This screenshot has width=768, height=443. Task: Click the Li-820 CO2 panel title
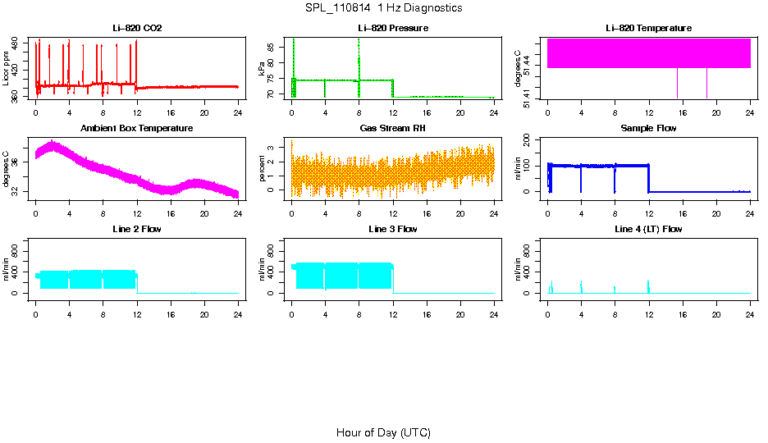tap(137, 28)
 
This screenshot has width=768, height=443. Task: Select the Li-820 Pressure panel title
tap(393, 28)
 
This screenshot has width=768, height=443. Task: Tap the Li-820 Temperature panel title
tap(649, 28)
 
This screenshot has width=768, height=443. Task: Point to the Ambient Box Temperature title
tap(137, 128)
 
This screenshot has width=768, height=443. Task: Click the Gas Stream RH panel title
tap(393, 128)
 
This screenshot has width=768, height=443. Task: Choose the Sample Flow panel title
tap(649, 128)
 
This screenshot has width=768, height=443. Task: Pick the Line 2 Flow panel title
tap(137, 229)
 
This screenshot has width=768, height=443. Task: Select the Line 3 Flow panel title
tap(393, 229)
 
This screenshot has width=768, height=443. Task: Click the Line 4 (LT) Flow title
tap(649, 229)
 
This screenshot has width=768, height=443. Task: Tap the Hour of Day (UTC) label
tap(383, 432)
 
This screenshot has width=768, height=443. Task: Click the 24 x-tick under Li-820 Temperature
tap(750, 112)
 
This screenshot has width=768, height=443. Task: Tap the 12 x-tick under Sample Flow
tap(649, 212)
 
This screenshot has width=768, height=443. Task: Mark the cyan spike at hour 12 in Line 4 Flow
tap(648, 286)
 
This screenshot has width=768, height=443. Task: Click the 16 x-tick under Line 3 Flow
tap(427, 313)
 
